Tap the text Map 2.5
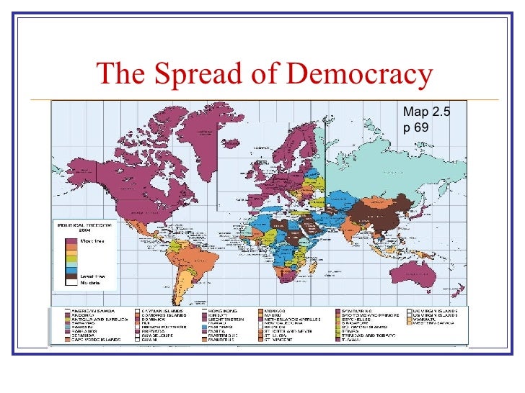point(426,112)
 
